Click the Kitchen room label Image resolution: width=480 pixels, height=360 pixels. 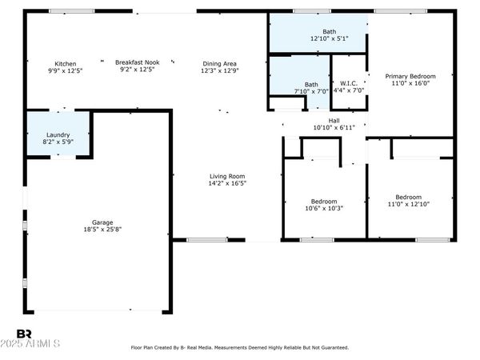click(x=65, y=63)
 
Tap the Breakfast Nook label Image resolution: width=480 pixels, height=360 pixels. click(x=137, y=62)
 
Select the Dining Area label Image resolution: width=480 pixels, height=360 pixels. click(x=220, y=63)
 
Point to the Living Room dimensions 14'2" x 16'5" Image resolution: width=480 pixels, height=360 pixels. click(x=227, y=183)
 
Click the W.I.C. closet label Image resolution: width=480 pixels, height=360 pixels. click(x=348, y=83)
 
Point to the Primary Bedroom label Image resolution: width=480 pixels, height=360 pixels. click(x=408, y=77)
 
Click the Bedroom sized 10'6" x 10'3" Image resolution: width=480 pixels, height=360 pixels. click(x=324, y=205)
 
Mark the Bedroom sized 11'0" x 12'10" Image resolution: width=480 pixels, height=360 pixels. click(x=408, y=201)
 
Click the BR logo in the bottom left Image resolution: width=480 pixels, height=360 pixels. click(x=25, y=334)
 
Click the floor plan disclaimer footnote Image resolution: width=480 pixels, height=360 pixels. click(x=240, y=348)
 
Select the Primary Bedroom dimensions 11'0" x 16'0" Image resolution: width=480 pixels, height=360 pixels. click(x=408, y=84)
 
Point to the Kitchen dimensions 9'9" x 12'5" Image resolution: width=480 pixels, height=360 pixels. click(x=65, y=70)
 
